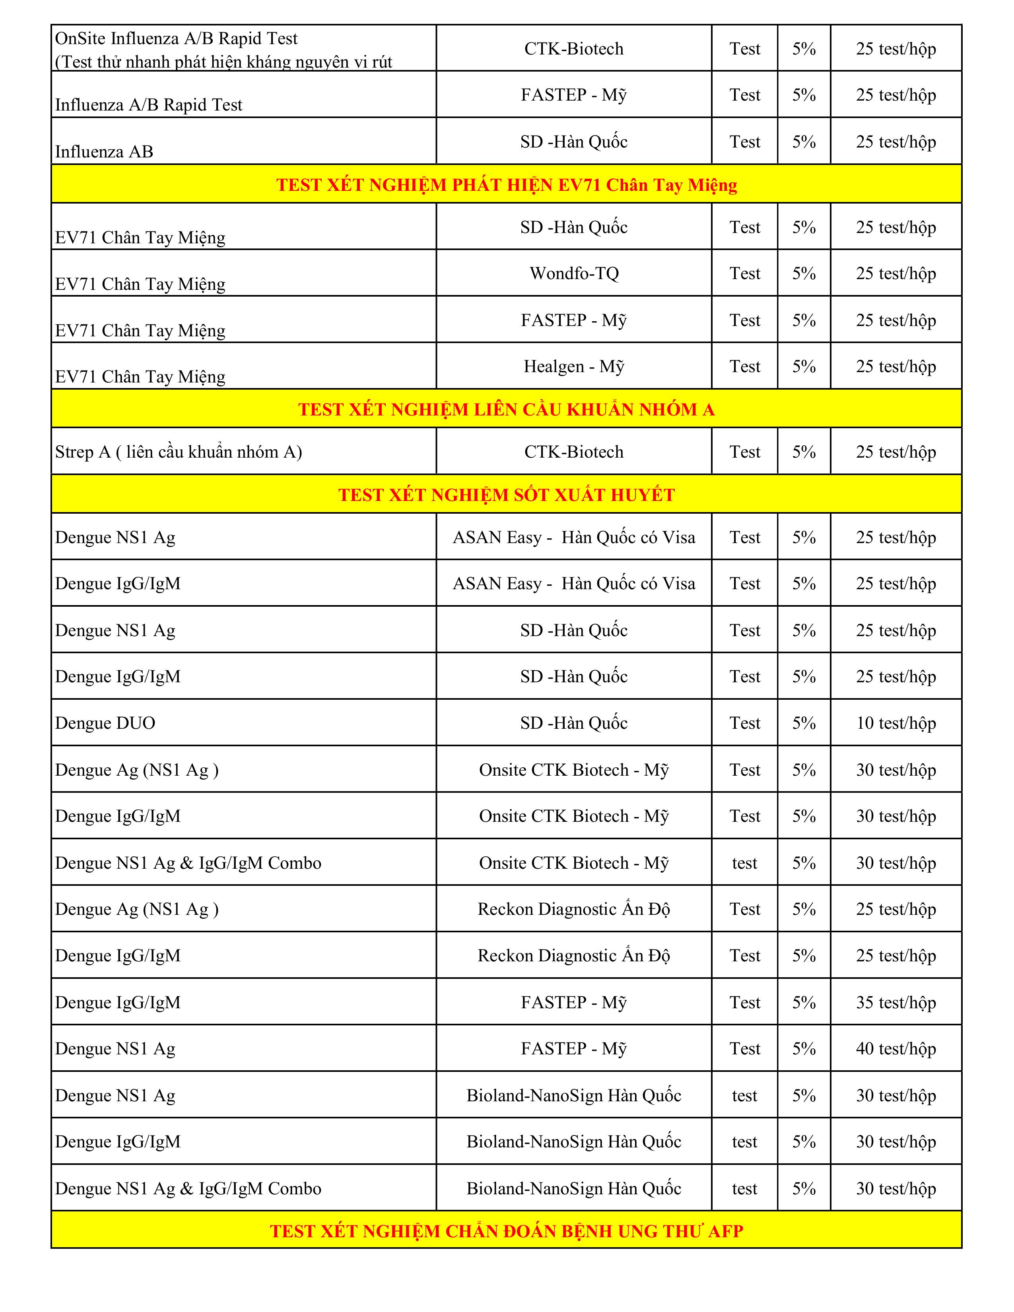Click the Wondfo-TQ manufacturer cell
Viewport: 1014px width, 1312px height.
[574, 274]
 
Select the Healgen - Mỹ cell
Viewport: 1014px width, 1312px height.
[574, 367]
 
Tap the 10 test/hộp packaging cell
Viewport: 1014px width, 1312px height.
[896, 723]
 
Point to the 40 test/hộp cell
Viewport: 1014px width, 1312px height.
[896, 1048]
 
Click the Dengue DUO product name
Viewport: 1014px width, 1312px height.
[105, 723]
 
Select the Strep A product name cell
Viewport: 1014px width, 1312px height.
[179, 452]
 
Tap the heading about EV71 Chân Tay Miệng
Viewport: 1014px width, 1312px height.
[506, 184]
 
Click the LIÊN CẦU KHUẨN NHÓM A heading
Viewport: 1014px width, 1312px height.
[506, 409]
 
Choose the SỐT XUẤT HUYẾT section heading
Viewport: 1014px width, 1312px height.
[506, 495]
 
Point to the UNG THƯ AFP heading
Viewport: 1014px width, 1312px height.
[506, 1231]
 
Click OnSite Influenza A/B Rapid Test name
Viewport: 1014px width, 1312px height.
[176, 39]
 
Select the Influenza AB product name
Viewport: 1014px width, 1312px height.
[104, 151]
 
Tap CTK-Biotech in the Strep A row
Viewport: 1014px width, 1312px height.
[574, 452]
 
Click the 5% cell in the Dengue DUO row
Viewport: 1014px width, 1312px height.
[804, 723]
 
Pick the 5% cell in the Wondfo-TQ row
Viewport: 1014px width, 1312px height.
[804, 274]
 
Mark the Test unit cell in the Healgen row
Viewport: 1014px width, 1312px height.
[745, 367]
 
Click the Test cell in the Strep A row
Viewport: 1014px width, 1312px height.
[745, 452]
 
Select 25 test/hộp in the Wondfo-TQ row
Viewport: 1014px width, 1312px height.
[896, 274]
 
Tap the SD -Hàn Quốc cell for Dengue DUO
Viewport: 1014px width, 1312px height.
[574, 723]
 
